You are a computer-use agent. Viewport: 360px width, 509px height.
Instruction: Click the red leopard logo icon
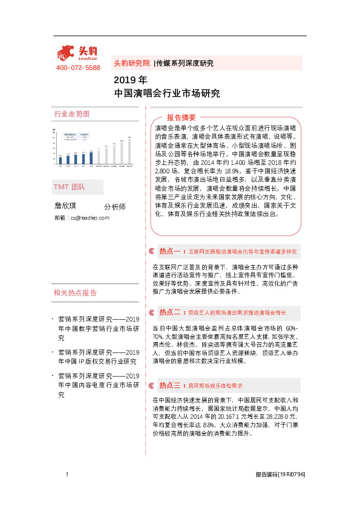pyautogui.click(x=65, y=52)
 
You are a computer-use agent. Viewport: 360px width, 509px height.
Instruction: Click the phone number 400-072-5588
pyautogui.click(x=78, y=68)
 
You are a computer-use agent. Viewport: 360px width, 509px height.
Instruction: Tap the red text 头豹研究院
pyautogui.click(x=131, y=63)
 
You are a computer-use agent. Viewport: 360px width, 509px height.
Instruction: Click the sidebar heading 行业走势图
pyautogui.click(x=72, y=114)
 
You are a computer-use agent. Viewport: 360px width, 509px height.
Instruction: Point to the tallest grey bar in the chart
pyautogui.click(x=129, y=151)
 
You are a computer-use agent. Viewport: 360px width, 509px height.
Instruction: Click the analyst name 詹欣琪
pyautogui.click(x=67, y=206)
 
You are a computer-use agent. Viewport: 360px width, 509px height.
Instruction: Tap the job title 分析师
pyautogui.click(x=115, y=206)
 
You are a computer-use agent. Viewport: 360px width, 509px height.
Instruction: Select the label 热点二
pyautogui.click(x=170, y=313)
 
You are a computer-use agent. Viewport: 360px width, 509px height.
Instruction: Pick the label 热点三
pyautogui.click(x=170, y=384)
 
